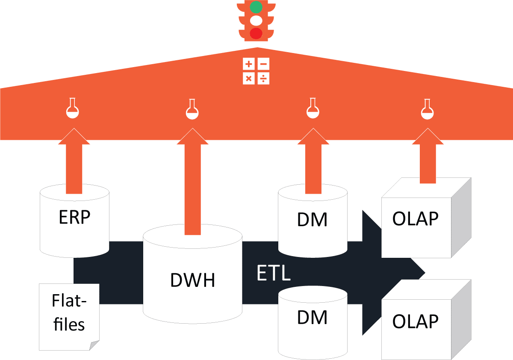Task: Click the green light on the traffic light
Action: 256,7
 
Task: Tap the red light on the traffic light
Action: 256,33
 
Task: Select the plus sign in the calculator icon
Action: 249,65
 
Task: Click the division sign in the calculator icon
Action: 264,79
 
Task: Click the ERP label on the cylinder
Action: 74,218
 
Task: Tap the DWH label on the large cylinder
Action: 192,280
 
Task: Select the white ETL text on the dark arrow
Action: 274,273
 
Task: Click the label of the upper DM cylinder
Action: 312,220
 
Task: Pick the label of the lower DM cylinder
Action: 312,318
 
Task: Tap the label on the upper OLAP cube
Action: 415,219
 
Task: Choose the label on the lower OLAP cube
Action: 415,321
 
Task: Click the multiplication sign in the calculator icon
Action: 249,79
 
